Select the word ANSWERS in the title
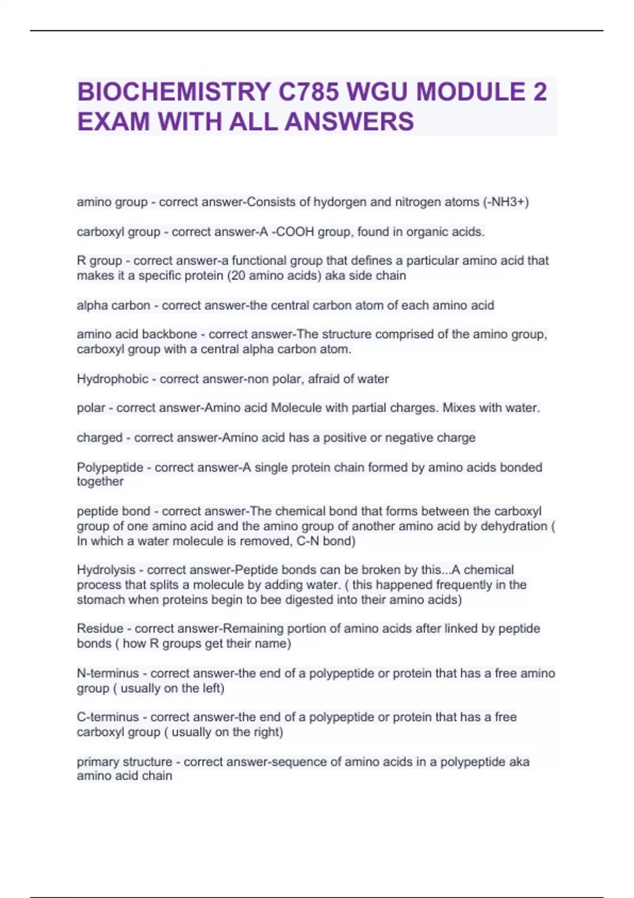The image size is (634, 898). pos(349,121)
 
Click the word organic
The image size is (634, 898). pos(426,232)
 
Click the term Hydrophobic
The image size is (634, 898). pos(113,379)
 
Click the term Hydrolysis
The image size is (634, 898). pos(106,570)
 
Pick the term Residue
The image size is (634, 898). pos(100,629)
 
